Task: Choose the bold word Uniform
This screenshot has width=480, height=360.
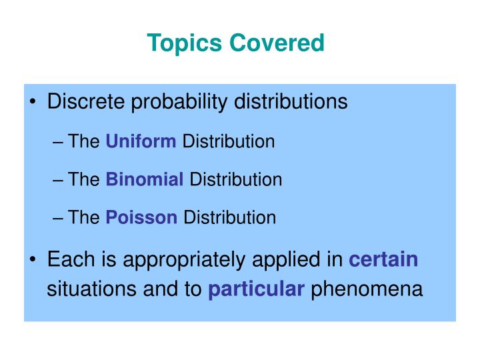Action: (x=141, y=141)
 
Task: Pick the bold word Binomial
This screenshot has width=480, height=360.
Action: (x=145, y=179)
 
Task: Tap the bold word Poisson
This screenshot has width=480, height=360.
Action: (x=141, y=217)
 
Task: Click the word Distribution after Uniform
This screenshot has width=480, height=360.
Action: (x=229, y=141)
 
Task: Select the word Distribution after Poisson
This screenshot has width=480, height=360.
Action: (x=229, y=217)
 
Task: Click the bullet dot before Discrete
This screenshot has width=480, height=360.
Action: (x=34, y=103)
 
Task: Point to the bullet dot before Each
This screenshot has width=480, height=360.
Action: (x=34, y=260)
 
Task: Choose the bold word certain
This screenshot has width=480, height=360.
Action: (x=384, y=259)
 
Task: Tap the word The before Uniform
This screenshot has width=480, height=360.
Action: (x=84, y=141)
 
